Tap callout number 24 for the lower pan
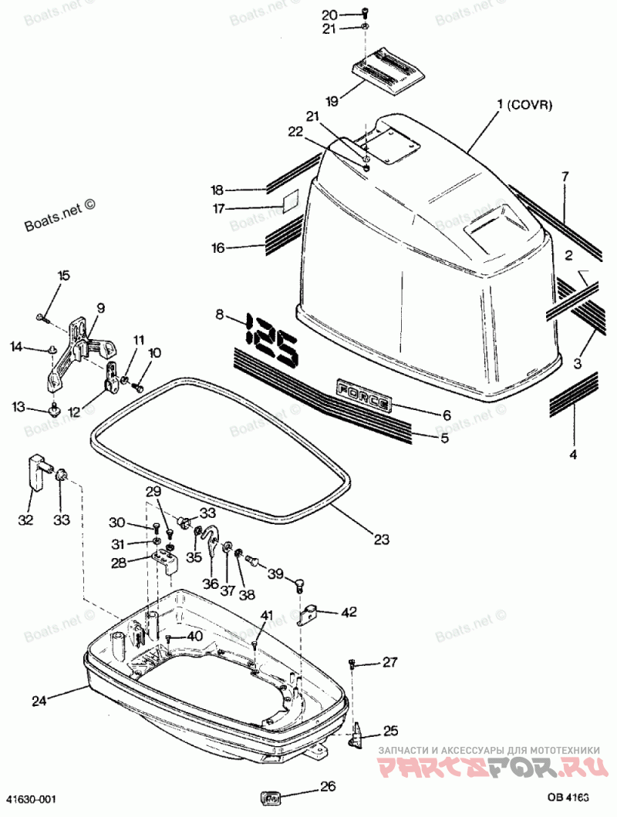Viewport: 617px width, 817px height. (x=39, y=701)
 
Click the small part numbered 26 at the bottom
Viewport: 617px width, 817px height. (x=272, y=797)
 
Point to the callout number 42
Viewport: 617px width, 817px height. (x=349, y=612)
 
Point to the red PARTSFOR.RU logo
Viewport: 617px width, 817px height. (x=489, y=768)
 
